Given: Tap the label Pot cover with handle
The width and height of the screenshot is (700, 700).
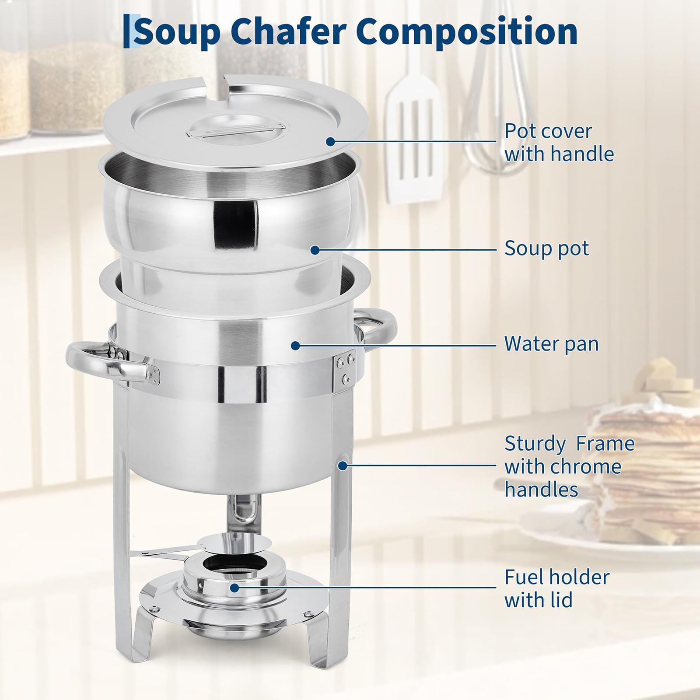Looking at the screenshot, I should tap(559, 143).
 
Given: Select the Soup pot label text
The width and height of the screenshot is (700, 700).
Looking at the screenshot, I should tap(546, 248).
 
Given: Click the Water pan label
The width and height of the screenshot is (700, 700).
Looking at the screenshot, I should tap(551, 344).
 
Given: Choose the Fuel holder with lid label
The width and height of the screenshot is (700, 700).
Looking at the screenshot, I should tap(556, 588).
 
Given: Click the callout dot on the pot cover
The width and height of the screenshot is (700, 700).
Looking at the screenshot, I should tap(330, 141).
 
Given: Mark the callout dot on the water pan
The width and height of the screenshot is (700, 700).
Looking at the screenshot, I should tap(295, 346).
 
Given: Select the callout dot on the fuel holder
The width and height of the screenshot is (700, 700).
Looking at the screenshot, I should tap(235, 588).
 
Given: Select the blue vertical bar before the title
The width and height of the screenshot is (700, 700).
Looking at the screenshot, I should tap(126, 31).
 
